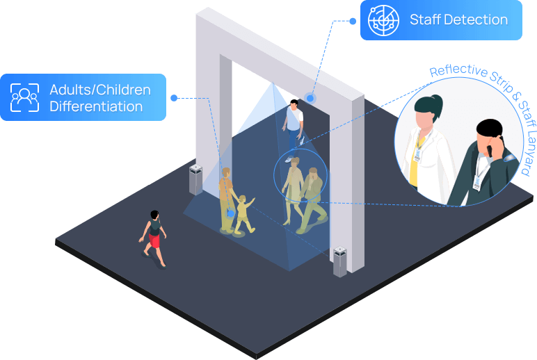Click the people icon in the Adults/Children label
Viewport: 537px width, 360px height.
point(24,98)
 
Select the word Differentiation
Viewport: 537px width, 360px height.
point(96,107)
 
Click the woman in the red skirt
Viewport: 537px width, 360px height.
point(154,236)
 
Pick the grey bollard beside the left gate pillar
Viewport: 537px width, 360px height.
point(196,179)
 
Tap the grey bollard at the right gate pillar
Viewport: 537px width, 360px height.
point(339,262)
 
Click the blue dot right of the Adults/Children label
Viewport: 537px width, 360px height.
point(174,98)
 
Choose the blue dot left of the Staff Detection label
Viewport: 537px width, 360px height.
point(354,20)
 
